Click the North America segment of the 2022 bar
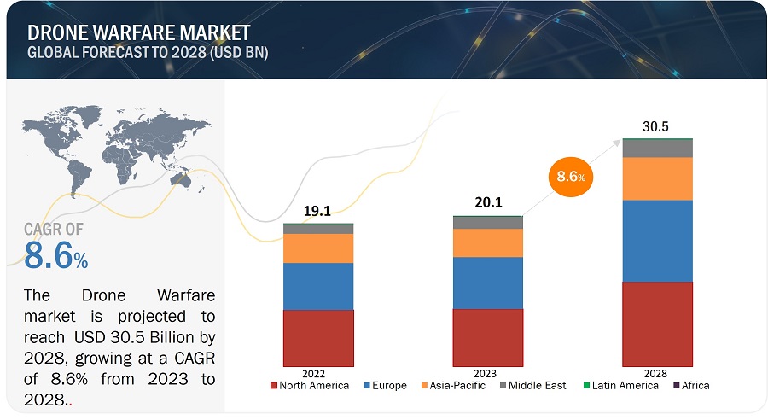(317, 338)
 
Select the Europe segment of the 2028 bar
(657, 241)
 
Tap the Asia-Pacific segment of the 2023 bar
(487, 242)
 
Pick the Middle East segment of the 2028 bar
(657, 149)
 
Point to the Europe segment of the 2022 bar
(317, 286)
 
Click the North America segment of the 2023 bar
(487, 337)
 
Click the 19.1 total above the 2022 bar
(317, 211)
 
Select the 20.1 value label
(487, 202)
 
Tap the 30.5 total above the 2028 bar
(656, 126)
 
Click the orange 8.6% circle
(570, 177)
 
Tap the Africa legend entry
(691, 386)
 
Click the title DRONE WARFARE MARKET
(138, 33)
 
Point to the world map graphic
(114, 149)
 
